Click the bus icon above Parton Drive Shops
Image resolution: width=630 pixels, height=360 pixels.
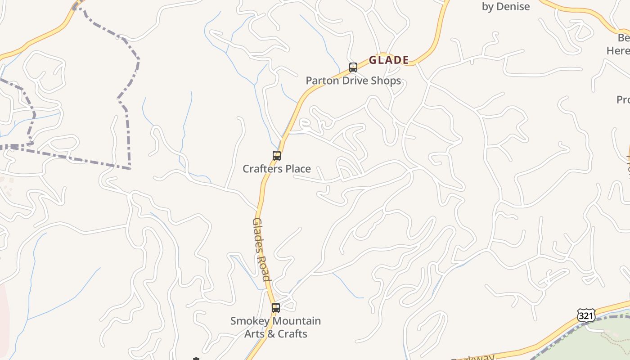[x=353, y=67]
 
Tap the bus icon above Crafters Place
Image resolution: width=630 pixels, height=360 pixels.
[x=277, y=156]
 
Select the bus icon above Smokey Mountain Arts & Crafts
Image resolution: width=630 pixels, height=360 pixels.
[x=276, y=308]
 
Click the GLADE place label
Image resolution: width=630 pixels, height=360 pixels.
[x=389, y=60]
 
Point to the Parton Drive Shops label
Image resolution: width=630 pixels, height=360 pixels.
[x=353, y=81]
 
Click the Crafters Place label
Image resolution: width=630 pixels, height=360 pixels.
[x=277, y=169]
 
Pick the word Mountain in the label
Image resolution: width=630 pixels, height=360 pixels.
[x=298, y=321]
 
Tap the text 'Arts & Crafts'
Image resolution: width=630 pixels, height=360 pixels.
[x=276, y=334]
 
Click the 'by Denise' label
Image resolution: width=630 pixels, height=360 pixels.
[x=506, y=7]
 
